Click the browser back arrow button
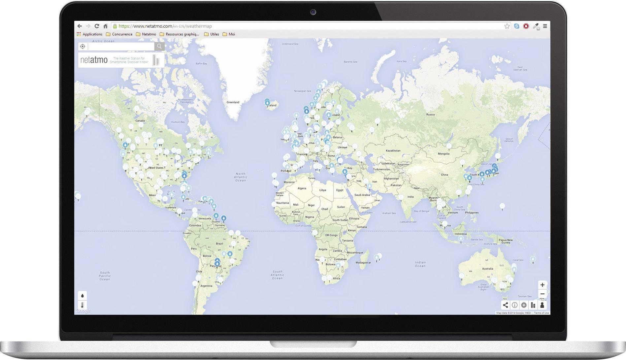point(80,26)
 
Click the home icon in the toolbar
point(106,26)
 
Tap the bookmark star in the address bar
point(507,26)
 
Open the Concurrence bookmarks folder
point(119,34)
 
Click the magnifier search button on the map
point(159,47)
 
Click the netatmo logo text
point(94,60)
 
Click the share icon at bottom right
point(505,305)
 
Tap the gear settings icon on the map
point(524,305)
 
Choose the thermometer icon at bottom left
point(82,305)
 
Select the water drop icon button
point(82,295)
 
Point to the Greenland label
point(233,102)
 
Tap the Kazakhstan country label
point(393,151)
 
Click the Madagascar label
point(363,263)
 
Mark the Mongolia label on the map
point(444,154)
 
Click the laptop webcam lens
point(313,13)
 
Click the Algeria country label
point(302,188)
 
